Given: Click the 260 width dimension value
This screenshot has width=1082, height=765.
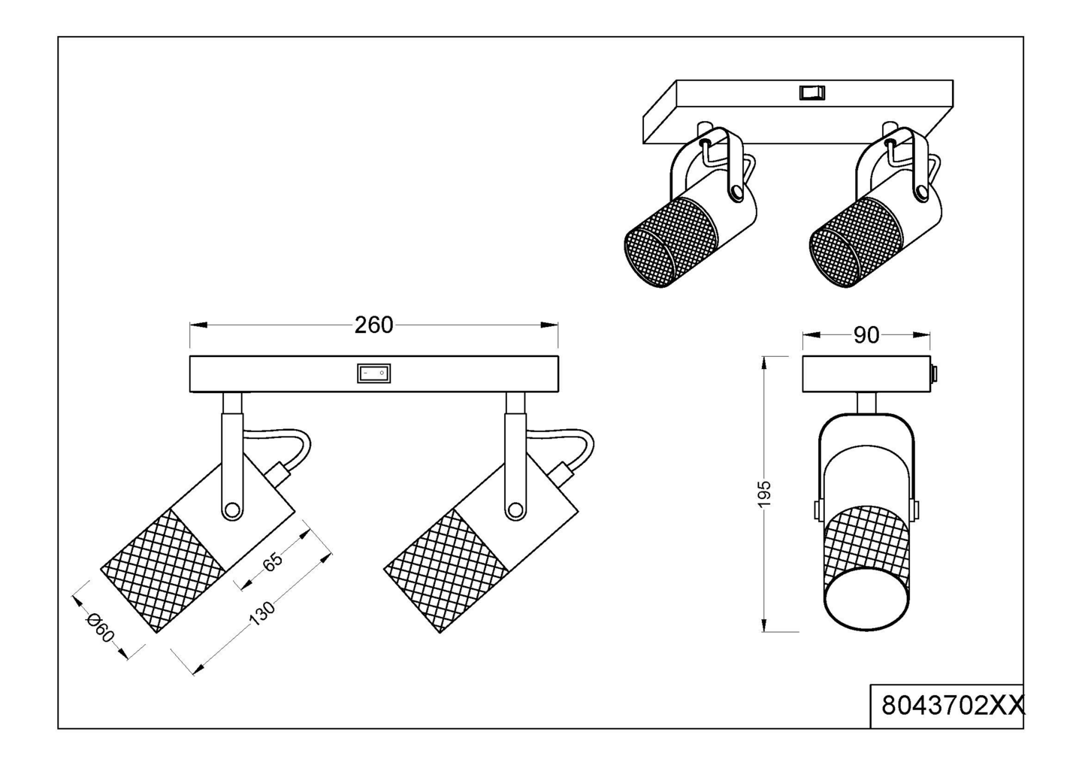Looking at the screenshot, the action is tap(374, 325).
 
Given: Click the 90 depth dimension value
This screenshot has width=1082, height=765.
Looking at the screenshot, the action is tap(866, 336).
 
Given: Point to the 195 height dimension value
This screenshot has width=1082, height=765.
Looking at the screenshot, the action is tap(764, 494).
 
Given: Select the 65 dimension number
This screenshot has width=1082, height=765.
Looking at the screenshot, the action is tap(273, 561).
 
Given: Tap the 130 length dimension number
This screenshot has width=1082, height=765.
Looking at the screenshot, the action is tap(261, 614).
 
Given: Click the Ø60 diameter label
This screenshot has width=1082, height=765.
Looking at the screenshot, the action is tap(99, 627).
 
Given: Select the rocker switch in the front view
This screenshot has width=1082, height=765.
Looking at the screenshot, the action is tap(374, 373).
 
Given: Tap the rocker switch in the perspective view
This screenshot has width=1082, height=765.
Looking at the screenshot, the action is tap(811, 92).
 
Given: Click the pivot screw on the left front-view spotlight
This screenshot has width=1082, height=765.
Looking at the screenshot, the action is tap(232, 510).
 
